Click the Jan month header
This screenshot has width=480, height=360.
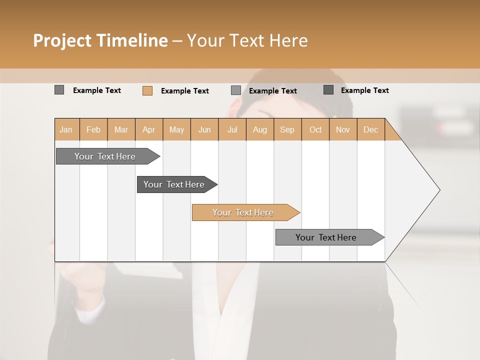pos(66,129)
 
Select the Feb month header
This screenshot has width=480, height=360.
pos(93,129)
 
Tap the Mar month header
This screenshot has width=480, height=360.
pos(121,129)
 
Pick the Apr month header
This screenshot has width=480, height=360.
pos(148,129)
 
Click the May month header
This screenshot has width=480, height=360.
pos(176,129)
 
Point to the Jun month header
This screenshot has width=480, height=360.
pos(204,129)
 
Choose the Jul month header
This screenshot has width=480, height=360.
pos(232,129)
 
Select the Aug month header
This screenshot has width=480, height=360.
pos(259,129)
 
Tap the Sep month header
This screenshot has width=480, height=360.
pos(287,129)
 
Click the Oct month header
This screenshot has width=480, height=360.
pos(315,129)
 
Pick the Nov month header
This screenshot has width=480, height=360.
pos(342,129)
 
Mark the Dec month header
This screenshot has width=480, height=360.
pos(370,129)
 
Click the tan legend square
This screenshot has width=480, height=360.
pos(147,90)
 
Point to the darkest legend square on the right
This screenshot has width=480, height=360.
pos(328,90)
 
